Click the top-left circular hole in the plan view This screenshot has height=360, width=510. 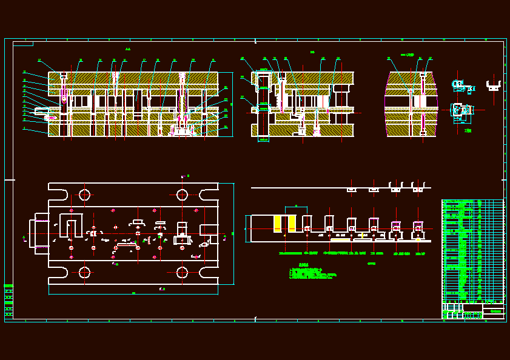84,195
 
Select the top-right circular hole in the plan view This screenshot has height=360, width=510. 182,195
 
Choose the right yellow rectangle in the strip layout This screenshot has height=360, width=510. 292,223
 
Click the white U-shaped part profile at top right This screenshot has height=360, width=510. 494,85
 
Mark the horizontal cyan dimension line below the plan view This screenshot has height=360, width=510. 133,294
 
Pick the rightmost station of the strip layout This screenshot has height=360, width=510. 418,230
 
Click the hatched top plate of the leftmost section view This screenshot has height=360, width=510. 133,78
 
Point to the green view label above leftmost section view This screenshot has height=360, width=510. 128,49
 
